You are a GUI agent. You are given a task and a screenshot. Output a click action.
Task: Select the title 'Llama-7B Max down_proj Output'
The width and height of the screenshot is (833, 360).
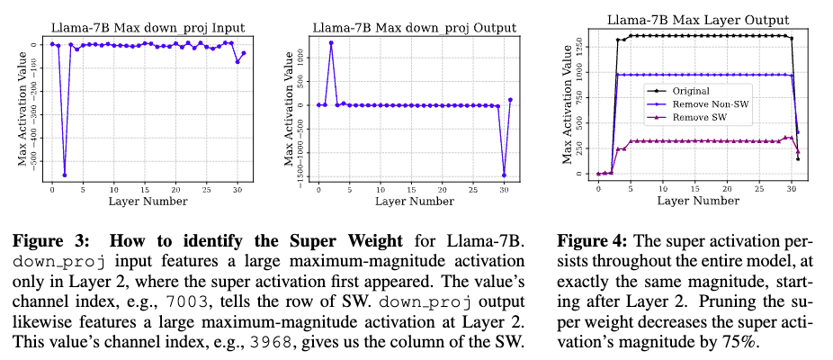[414, 28]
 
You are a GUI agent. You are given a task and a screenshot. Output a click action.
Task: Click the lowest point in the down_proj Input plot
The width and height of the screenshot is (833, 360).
[64, 175]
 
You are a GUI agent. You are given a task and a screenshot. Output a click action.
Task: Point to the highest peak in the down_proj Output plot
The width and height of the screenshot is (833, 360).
[331, 42]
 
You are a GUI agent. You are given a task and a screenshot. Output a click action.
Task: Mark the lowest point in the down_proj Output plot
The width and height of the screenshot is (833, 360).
[504, 175]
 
